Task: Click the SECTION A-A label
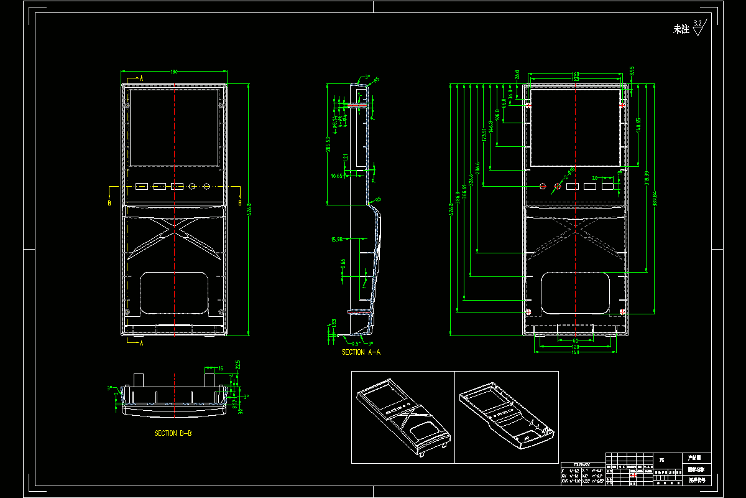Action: click(x=361, y=352)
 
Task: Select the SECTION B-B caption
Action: click(x=173, y=433)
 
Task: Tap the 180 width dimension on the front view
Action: click(x=174, y=72)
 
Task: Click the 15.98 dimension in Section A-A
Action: click(x=338, y=239)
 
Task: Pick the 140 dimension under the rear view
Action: click(x=575, y=353)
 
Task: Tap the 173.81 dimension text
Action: click(x=484, y=135)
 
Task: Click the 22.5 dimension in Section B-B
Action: click(x=237, y=364)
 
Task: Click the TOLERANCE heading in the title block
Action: click(x=582, y=464)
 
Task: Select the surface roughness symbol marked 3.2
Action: click(x=698, y=27)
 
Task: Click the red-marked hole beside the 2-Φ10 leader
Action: click(x=558, y=186)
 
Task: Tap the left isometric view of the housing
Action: click(x=403, y=416)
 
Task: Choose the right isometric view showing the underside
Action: click(x=506, y=416)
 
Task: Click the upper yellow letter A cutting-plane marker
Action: click(x=141, y=79)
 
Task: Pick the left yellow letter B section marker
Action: click(x=109, y=203)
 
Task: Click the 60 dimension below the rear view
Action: click(x=575, y=341)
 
